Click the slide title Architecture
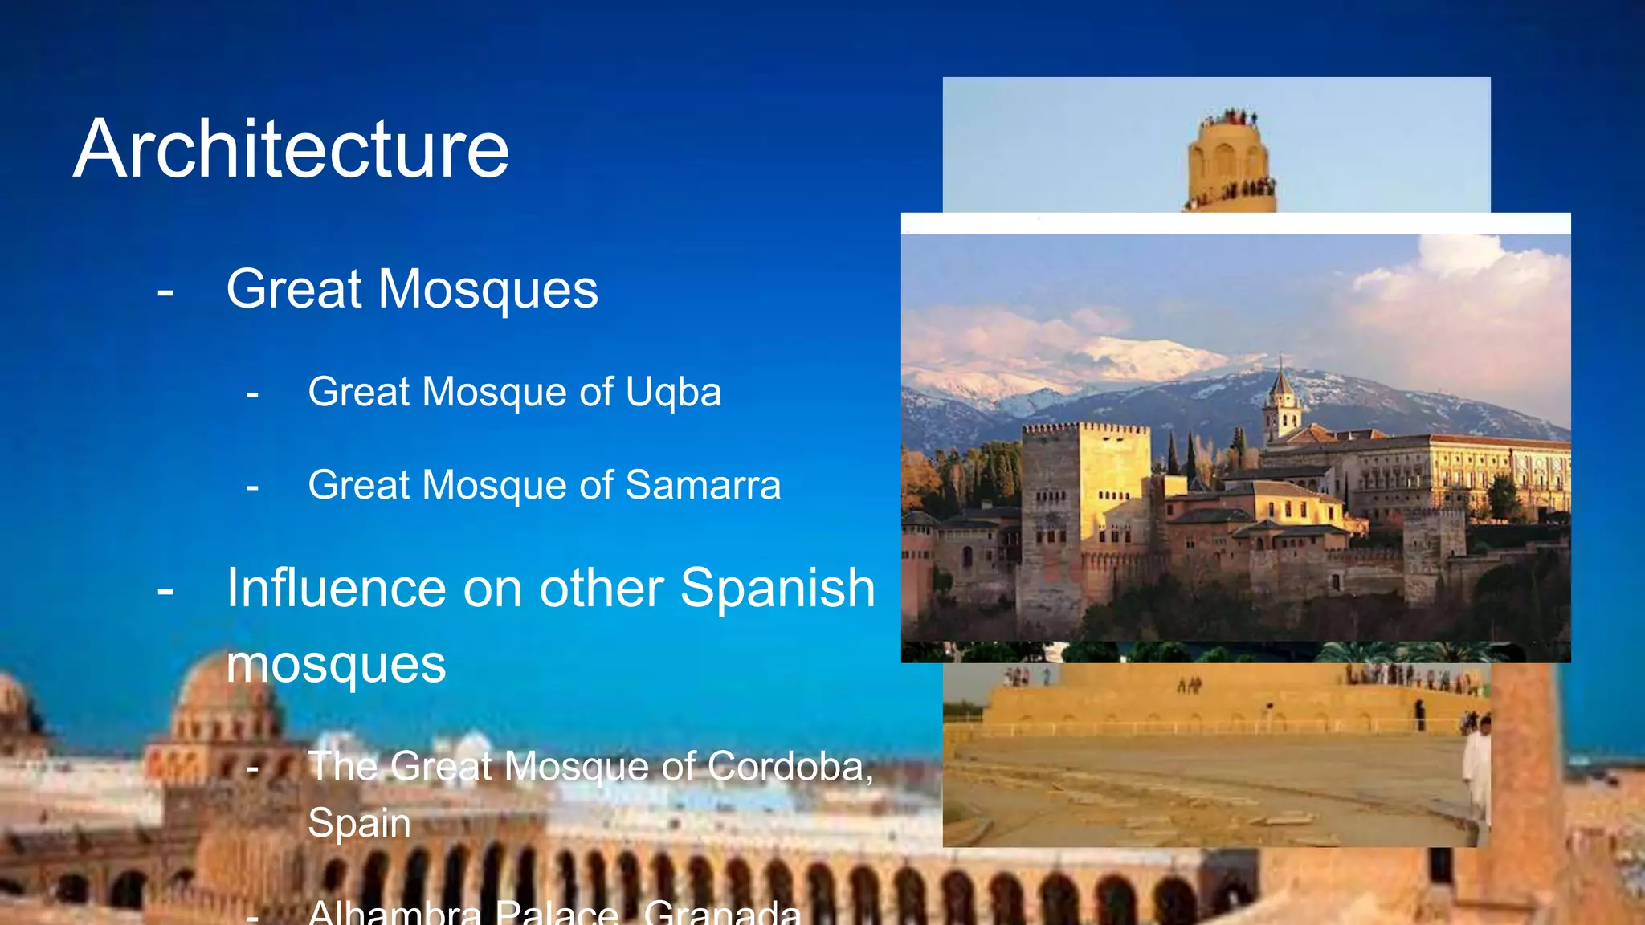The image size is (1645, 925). point(292,149)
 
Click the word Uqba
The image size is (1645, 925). point(673,393)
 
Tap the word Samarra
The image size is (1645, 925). point(703,486)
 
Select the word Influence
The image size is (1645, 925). point(336,588)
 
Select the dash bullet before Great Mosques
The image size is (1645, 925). point(165,291)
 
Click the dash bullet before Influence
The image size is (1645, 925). point(165,590)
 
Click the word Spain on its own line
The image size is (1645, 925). point(359,823)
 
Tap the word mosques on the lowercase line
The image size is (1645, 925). point(336,665)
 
